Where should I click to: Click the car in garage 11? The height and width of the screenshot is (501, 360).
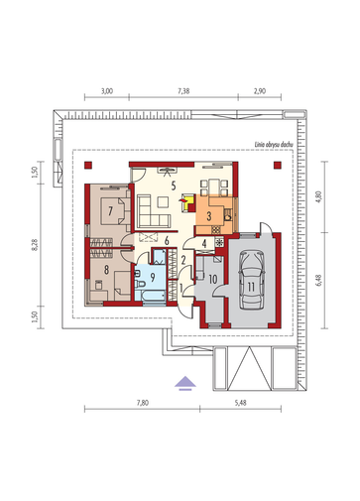tap(252, 280)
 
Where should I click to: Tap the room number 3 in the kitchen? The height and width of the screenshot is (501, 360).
tap(208, 216)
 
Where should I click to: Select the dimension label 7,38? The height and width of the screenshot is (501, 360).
tap(183, 91)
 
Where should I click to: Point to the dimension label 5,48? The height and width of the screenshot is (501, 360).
tap(241, 403)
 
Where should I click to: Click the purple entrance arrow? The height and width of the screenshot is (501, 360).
tap(185, 383)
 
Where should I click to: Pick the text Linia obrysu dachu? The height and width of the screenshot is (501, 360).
tap(274, 145)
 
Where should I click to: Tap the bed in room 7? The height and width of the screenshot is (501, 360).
tap(113, 211)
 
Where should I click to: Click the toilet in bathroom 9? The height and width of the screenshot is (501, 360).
tap(140, 284)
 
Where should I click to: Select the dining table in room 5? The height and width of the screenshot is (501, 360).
tap(214, 188)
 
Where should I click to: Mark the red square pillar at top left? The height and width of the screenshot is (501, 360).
tap(88, 166)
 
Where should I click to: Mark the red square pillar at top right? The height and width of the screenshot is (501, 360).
tap(278, 166)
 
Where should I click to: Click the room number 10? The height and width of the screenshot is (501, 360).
tap(213, 280)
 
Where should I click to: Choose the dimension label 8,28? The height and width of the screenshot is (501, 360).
tap(35, 245)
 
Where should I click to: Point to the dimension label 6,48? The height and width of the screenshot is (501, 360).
tap(318, 280)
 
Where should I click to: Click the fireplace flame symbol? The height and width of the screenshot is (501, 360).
tap(182, 199)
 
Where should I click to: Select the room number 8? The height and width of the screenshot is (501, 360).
tap(106, 270)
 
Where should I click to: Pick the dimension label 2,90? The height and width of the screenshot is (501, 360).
tap(260, 91)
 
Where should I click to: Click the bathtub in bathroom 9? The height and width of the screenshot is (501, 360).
tap(150, 296)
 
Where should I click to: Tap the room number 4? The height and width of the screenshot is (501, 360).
tap(204, 244)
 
